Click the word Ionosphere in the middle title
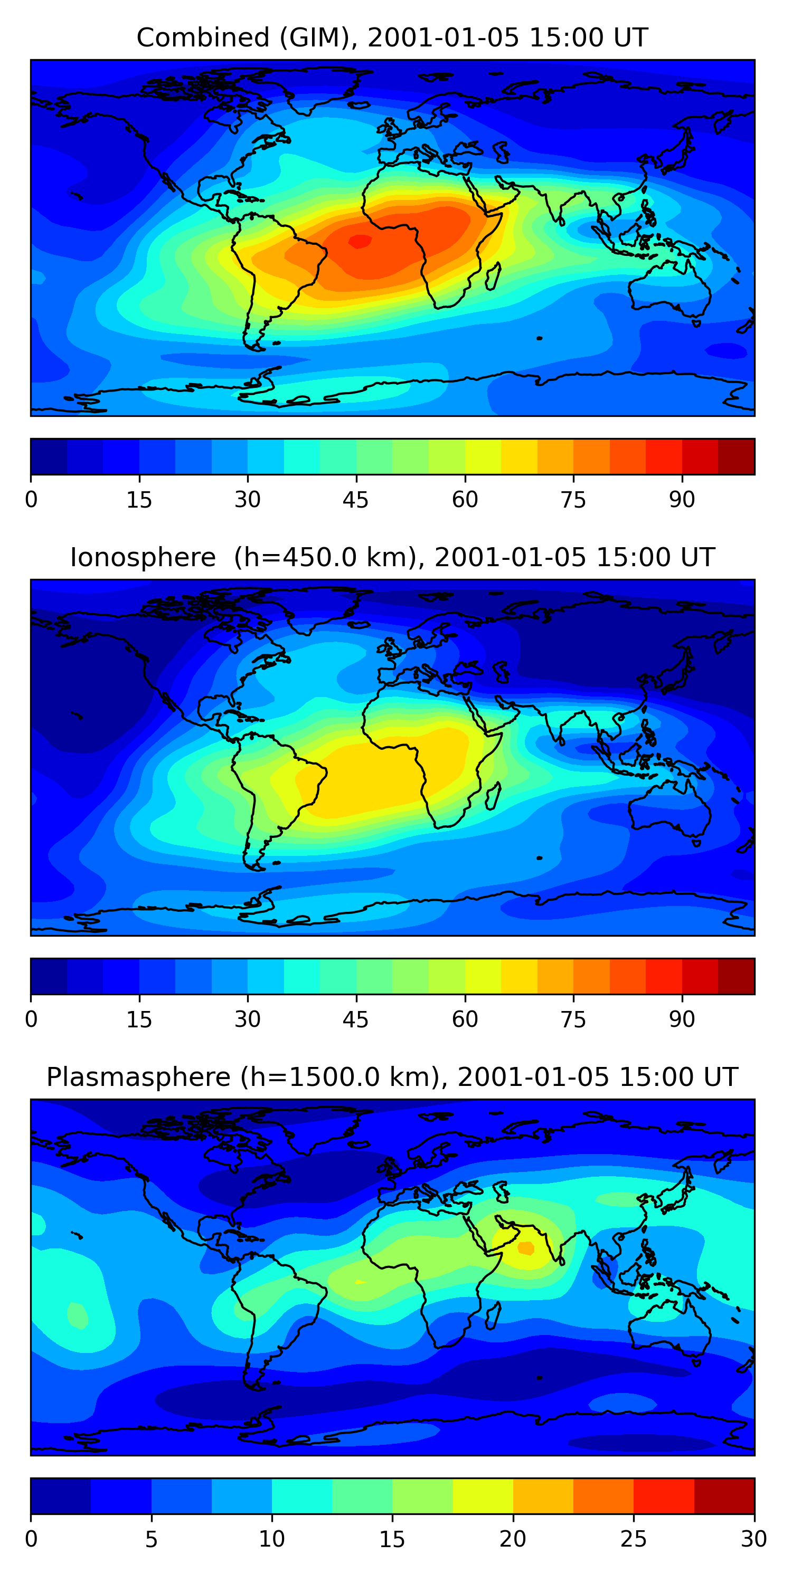point(143,557)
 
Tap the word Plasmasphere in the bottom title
point(138,1077)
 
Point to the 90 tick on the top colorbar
point(682,500)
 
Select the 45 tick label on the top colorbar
point(356,500)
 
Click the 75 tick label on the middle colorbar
point(573,1019)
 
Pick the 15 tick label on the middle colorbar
point(139,1019)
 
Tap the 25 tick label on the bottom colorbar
point(634,1539)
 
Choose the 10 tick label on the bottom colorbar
point(272,1539)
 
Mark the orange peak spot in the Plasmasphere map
point(526,1248)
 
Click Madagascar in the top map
point(493,276)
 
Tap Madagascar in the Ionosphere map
point(493,796)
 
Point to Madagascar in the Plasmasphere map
point(493,1315)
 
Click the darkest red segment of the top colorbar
point(736,456)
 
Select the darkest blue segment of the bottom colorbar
point(60,1496)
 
